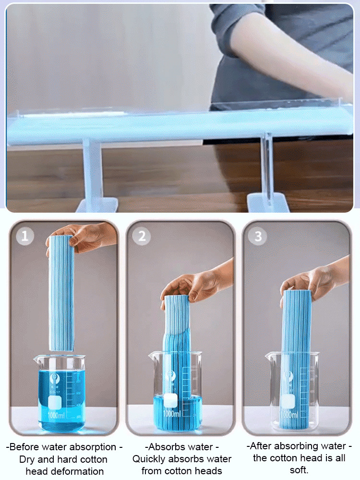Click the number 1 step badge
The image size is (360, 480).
click(x=25, y=236)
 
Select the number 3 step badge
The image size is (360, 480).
click(x=258, y=236)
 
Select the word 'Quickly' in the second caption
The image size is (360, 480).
click(x=152, y=459)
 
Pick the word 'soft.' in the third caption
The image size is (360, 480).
click(x=299, y=470)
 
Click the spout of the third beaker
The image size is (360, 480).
click(x=269, y=357)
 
